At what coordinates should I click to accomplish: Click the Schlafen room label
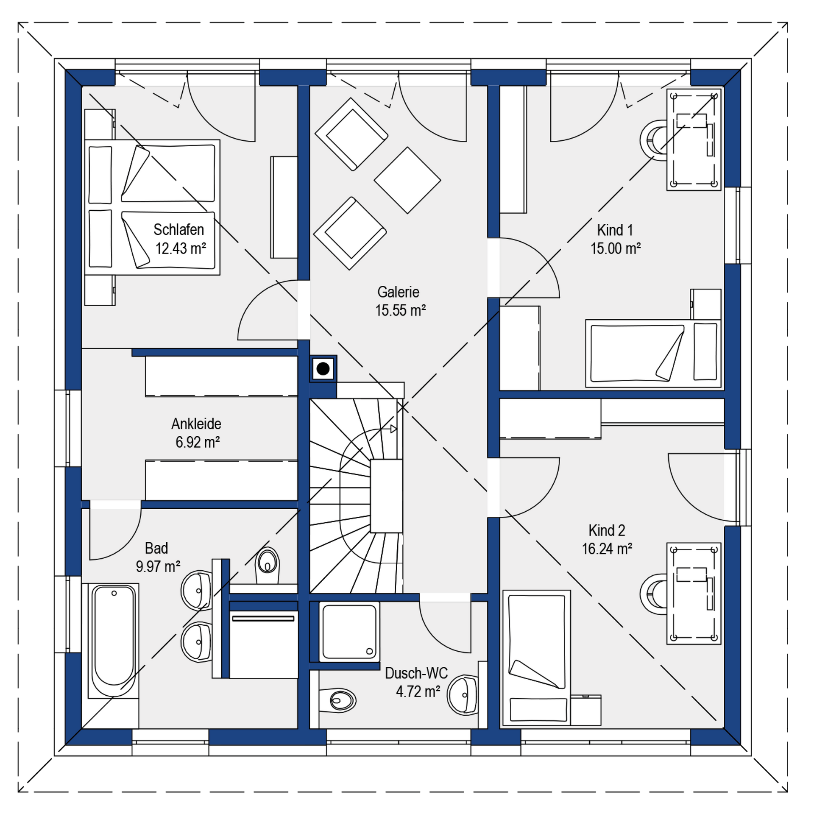pyautogui.click(x=178, y=230)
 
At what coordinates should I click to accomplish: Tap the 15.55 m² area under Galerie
pyautogui.click(x=400, y=310)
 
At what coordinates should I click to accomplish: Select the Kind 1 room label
pyautogui.click(x=615, y=230)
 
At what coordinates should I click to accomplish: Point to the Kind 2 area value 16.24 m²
pyautogui.click(x=607, y=549)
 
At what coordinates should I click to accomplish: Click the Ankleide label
pyautogui.click(x=196, y=424)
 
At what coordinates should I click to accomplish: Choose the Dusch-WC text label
pyautogui.click(x=416, y=673)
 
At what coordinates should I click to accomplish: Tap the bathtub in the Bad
pyautogui.click(x=114, y=641)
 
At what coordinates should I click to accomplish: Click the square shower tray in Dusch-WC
pyautogui.click(x=349, y=632)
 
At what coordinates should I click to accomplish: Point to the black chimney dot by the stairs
pyautogui.click(x=323, y=369)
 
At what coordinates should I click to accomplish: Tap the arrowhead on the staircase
pyautogui.click(x=393, y=429)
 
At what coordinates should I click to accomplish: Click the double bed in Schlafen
pyautogui.click(x=152, y=207)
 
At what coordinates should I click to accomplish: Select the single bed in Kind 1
pyautogui.click(x=653, y=353)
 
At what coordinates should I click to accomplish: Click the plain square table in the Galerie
pyautogui.click(x=407, y=180)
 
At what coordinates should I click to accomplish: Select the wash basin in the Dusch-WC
pyautogui.click(x=463, y=695)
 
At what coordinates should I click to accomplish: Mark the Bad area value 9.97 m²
pyautogui.click(x=158, y=567)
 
